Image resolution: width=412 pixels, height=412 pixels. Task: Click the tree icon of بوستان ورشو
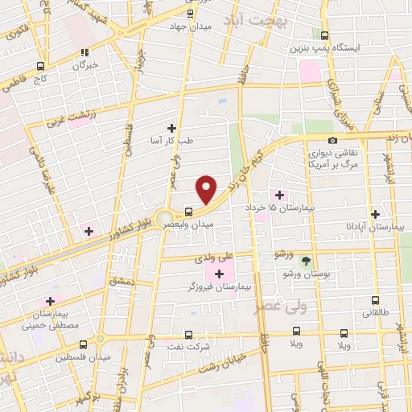tap(306, 260)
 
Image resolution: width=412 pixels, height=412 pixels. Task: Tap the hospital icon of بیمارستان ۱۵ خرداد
tap(279, 195)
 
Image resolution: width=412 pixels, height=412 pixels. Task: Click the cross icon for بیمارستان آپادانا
tap(375, 213)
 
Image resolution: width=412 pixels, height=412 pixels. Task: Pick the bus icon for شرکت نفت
tap(189, 335)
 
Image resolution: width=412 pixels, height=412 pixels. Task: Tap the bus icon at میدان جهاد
tap(190, 14)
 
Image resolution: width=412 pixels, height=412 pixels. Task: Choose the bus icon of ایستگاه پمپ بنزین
tap(325, 35)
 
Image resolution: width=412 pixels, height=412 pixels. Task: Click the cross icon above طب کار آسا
tap(171, 127)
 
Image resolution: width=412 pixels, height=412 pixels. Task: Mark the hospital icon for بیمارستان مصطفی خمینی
tap(50, 300)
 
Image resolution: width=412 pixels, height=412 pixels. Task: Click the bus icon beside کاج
tap(40, 68)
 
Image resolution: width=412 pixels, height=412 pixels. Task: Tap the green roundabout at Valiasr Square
tap(166, 219)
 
